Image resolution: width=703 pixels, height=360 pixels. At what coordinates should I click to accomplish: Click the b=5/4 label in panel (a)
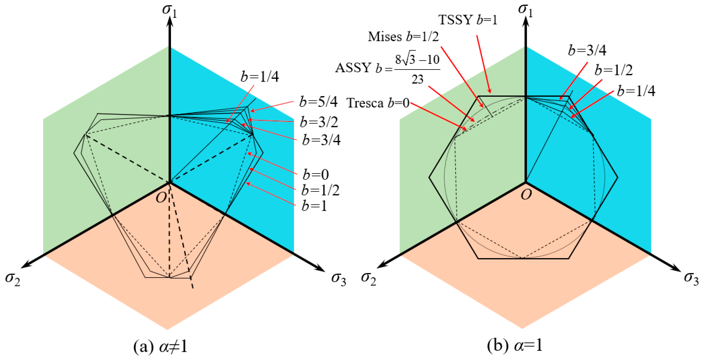tap(318, 102)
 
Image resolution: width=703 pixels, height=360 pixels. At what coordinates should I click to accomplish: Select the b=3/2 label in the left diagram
tap(319, 122)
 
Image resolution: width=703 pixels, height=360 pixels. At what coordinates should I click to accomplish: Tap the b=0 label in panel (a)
tap(316, 175)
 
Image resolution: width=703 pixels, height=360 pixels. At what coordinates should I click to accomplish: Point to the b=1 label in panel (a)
tap(314, 206)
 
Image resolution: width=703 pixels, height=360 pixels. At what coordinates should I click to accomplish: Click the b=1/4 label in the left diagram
tap(260, 77)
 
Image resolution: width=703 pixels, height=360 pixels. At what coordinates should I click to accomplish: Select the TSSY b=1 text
tap(468, 20)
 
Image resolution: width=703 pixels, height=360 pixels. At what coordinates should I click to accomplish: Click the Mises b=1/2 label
tap(403, 37)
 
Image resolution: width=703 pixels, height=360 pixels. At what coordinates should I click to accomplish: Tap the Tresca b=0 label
tap(378, 103)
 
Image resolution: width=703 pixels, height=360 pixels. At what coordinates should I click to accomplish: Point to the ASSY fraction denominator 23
tap(417, 79)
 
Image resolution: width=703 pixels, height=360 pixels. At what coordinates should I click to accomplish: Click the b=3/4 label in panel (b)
tap(587, 50)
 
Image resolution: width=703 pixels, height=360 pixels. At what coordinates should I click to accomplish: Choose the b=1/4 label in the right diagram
tap(636, 91)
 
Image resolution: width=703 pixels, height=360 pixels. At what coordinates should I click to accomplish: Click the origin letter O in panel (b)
tap(526, 195)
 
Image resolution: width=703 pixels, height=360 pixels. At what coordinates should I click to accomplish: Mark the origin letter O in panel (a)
tap(161, 197)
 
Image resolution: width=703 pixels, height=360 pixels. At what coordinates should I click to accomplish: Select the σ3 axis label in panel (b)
tap(691, 278)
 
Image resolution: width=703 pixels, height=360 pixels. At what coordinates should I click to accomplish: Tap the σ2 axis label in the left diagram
tap(13, 279)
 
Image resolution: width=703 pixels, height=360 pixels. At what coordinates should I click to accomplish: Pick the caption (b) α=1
tap(515, 346)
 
